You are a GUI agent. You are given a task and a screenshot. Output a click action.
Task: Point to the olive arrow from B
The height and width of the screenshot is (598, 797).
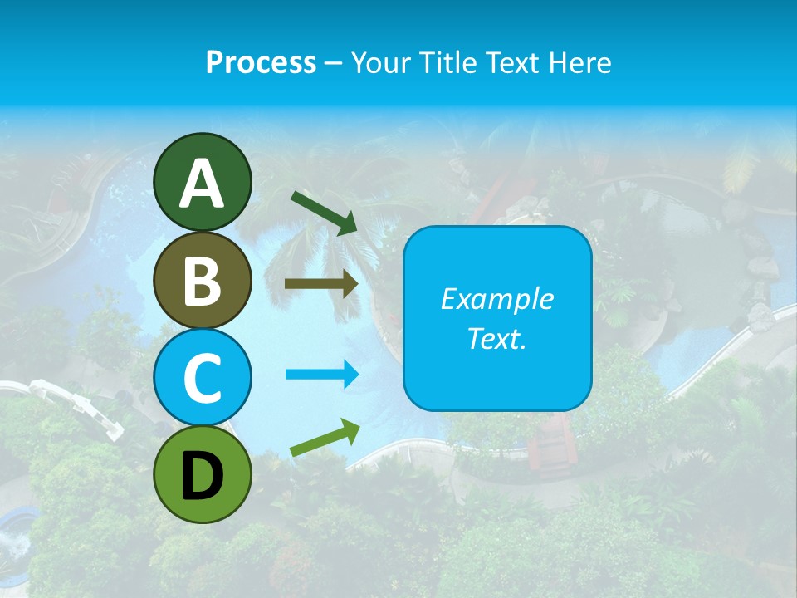click(x=321, y=284)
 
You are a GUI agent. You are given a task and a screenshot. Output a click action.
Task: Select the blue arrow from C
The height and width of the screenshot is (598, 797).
click(x=322, y=375)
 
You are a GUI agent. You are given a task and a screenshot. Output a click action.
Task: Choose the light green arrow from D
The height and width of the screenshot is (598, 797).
click(x=325, y=439)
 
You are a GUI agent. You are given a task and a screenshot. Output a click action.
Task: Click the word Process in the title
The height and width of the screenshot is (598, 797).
click(x=261, y=62)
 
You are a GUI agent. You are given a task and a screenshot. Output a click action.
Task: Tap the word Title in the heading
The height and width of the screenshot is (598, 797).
click(x=448, y=62)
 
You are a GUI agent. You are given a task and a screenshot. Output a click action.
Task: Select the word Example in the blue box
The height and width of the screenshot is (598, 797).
click(x=497, y=299)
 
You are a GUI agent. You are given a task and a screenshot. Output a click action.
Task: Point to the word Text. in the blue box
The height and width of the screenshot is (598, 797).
click(x=497, y=339)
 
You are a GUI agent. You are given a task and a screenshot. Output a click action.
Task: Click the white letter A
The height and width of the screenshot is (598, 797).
click(x=202, y=184)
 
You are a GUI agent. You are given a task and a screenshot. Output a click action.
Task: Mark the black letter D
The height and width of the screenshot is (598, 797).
click(x=202, y=476)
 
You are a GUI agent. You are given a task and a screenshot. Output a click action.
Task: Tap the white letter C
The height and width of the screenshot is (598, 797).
click(x=202, y=379)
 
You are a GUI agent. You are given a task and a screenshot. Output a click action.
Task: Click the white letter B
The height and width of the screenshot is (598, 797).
click(x=202, y=281)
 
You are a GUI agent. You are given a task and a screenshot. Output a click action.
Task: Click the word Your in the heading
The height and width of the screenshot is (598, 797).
click(x=382, y=62)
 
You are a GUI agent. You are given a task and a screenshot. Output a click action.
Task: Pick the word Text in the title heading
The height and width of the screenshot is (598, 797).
click(x=512, y=62)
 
